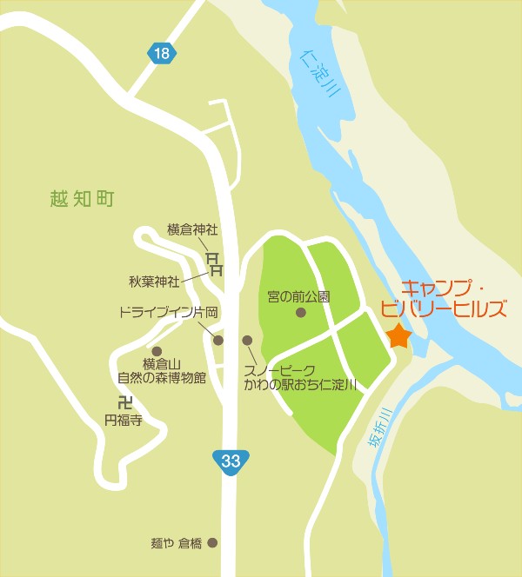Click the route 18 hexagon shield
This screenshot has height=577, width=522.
[x=161, y=54]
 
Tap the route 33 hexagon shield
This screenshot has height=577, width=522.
[x=231, y=461]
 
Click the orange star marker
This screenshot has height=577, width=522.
[x=398, y=335]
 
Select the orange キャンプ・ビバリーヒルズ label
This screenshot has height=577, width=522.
[x=454, y=298]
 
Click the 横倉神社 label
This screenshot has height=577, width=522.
[x=192, y=230]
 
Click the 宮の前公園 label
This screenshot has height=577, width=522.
[x=299, y=296]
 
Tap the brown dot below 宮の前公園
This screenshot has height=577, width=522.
[x=300, y=312]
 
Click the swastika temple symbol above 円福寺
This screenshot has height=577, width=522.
[x=124, y=402]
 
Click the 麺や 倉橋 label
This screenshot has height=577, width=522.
[x=176, y=544]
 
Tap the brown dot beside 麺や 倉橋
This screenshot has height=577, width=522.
[x=212, y=544]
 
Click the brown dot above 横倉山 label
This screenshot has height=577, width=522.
[x=157, y=350]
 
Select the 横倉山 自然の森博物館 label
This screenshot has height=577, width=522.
[x=162, y=371]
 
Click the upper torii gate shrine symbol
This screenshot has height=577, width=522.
[x=211, y=256]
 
